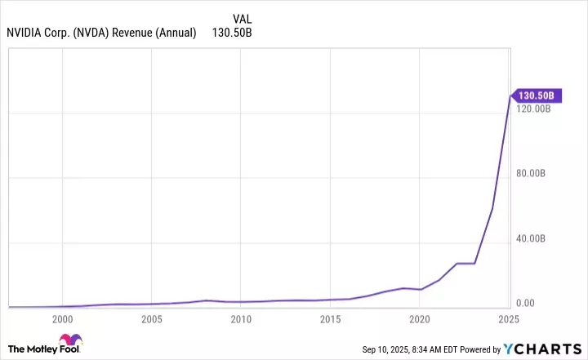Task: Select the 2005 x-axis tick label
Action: tap(151, 318)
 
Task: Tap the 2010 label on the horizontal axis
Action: tap(240, 318)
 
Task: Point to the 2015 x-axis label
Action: tap(330, 318)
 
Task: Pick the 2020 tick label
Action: tap(419, 318)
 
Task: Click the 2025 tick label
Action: tap(508, 318)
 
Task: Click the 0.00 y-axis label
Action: tap(524, 304)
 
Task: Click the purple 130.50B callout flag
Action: tap(536, 96)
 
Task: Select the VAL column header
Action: tap(243, 18)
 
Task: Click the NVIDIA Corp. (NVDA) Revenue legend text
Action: tap(101, 33)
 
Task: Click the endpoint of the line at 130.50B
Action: tap(510, 96)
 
